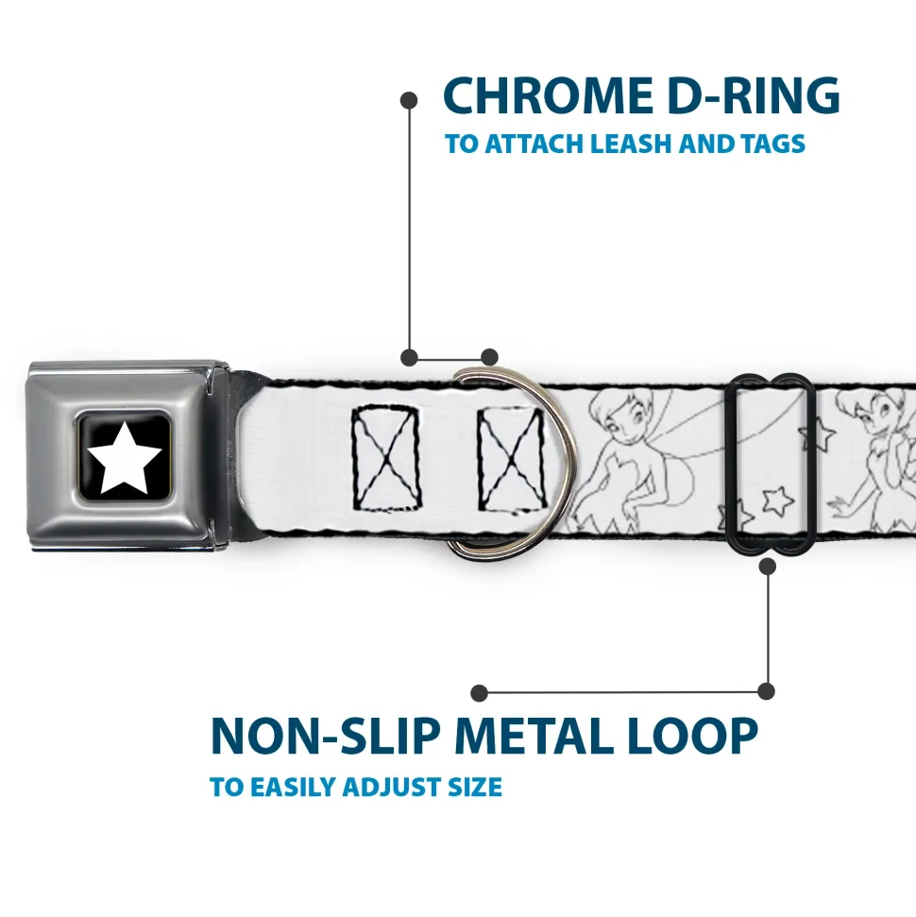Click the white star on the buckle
(124, 458)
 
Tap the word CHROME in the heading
(548, 96)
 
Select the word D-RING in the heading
(754, 96)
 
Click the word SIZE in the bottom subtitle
(475, 788)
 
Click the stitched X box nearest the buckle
(386, 458)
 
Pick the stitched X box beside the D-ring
(512, 460)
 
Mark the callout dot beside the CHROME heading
(409, 101)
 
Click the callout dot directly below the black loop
(768, 566)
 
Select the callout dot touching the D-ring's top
(489, 357)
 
